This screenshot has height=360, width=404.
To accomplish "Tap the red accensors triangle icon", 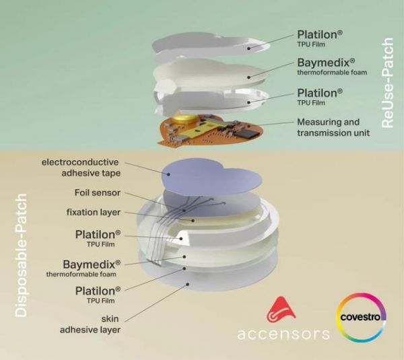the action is [x=281, y=310].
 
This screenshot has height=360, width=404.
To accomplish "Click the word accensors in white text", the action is [x=283, y=334].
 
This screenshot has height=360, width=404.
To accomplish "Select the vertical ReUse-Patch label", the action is [x=387, y=83].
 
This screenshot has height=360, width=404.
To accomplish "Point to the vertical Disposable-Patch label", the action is [x=21, y=256].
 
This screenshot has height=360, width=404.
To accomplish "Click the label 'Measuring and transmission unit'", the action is [x=333, y=127].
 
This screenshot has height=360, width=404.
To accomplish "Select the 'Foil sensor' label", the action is [x=98, y=192].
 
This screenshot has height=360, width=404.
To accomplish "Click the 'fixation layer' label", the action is [x=94, y=212].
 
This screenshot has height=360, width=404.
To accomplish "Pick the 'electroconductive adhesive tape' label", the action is [x=81, y=168].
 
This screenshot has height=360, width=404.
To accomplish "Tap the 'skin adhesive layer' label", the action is [x=90, y=324].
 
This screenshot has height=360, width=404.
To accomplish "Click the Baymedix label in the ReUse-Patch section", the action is [x=332, y=67].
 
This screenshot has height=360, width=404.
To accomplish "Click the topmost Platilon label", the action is [x=320, y=38].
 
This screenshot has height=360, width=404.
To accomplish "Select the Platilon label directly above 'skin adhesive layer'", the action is [x=98, y=295].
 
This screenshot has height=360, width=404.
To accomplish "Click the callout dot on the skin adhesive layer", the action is [x=188, y=285].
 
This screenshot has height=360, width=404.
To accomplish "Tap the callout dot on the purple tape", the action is [x=169, y=174].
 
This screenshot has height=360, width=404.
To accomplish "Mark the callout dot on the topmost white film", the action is [x=249, y=48].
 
